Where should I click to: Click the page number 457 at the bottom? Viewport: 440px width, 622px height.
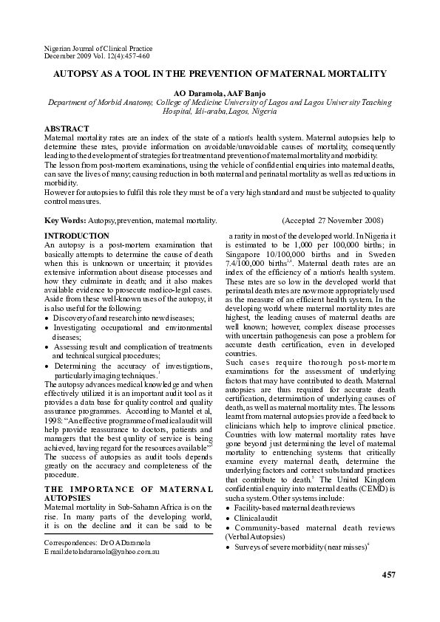point(388,574)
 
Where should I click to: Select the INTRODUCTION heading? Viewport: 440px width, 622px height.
point(77,235)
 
